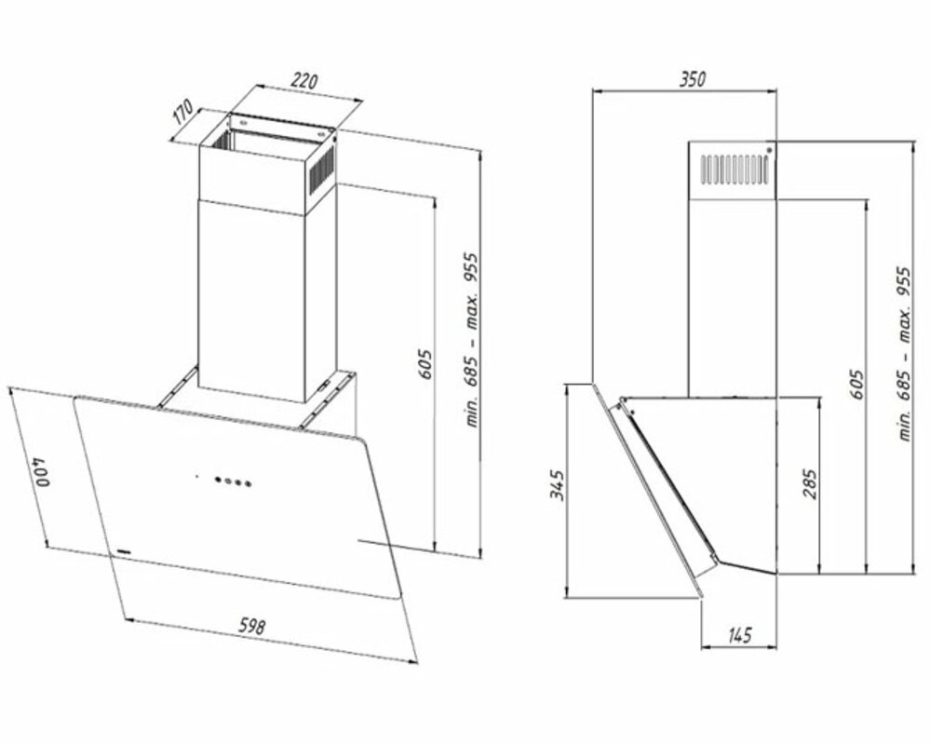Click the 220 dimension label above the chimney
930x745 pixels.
click(x=303, y=80)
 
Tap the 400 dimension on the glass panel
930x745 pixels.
click(x=42, y=471)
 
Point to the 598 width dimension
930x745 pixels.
click(x=252, y=625)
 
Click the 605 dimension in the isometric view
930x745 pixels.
click(x=425, y=365)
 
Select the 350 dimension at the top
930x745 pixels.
click(x=693, y=79)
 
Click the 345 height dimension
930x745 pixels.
click(x=557, y=485)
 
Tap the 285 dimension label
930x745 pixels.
click(x=809, y=483)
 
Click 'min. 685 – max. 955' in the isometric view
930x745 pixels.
click(x=472, y=340)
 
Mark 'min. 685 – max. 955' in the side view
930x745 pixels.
click(x=905, y=354)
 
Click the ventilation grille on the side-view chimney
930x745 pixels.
click(x=734, y=169)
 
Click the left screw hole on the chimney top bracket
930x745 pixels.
click(x=242, y=123)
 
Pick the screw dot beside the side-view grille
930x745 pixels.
click(x=769, y=149)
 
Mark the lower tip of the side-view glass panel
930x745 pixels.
click(x=702, y=596)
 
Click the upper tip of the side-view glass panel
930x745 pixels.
click(x=591, y=385)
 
